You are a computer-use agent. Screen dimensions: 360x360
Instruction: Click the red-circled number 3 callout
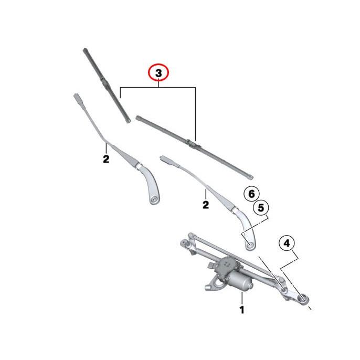tap(158, 72)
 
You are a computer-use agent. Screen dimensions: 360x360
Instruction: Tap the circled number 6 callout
tap(251, 194)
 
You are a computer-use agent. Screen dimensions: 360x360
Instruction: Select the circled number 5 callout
tap(261, 208)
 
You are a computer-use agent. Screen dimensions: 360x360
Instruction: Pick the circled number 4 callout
tap(287, 243)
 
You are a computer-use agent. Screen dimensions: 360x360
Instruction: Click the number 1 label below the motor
tap(242, 310)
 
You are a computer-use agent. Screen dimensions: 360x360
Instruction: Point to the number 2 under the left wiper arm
tap(106, 159)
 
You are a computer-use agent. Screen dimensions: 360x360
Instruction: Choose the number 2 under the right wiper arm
tap(206, 205)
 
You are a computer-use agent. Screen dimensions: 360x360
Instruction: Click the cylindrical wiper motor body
tap(240, 281)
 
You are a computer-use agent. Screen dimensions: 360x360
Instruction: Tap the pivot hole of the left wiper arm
tap(154, 199)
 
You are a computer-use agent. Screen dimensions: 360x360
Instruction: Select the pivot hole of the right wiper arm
tap(250, 246)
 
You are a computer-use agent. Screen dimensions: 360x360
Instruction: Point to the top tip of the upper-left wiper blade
tap(85, 50)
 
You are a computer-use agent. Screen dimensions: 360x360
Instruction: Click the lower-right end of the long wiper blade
tap(251, 177)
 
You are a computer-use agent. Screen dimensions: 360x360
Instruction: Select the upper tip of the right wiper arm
tap(163, 158)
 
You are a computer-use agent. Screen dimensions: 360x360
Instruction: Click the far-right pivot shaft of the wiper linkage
tap(303, 299)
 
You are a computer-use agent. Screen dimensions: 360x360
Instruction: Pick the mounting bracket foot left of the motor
tap(208, 288)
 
